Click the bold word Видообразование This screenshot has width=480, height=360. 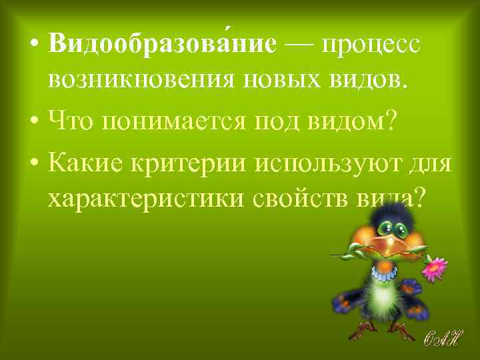(x=162, y=45)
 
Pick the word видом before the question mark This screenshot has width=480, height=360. (x=353, y=122)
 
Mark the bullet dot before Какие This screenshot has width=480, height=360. (x=34, y=162)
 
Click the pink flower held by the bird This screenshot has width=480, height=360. (x=435, y=267)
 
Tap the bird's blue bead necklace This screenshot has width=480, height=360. (x=384, y=271)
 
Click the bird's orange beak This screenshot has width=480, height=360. (x=399, y=247)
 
